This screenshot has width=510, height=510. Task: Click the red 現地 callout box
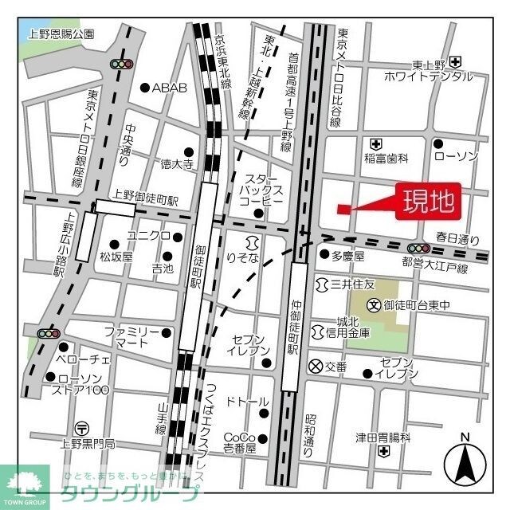click(428, 201)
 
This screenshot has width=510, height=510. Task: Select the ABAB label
click(169, 88)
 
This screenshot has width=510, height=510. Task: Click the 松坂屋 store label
click(116, 257)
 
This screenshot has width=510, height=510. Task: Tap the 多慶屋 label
click(347, 256)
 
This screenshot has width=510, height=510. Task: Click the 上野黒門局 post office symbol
click(80, 428)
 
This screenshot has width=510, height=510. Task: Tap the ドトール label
click(246, 402)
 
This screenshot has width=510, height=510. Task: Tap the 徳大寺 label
click(177, 165)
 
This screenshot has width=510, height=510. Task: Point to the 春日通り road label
click(457, 238)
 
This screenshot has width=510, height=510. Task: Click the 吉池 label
click(163, 270)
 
